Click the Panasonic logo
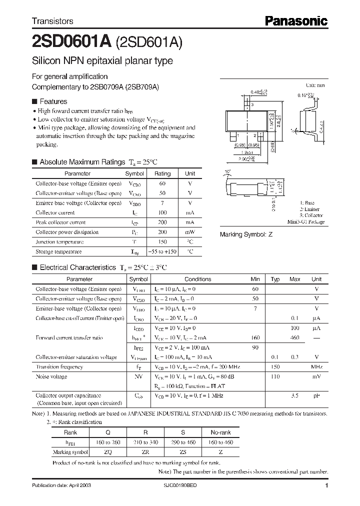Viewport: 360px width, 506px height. click(x=295, y=21)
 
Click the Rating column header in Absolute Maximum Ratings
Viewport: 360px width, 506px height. click(x=162, y=173)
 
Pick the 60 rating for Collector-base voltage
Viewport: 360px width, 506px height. click(x=162, y=183)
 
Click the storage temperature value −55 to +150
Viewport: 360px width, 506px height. click(x=162, y=251)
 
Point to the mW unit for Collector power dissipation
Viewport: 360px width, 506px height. click(x=190, y=232)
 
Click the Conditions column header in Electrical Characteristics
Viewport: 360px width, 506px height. click(x=197, y=279)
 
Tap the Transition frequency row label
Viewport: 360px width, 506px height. click(x=59, y=366)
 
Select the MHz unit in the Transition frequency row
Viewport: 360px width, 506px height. click(x=316, y=366)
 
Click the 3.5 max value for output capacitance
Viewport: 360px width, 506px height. click(x=295, y=395)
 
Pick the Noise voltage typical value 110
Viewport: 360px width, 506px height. click(x=275, y=376)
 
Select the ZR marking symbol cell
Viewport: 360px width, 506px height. click(x=144, y=451)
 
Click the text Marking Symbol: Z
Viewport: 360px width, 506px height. click(x=246, y=234)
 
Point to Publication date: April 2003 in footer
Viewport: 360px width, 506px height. click(x=61, y=485)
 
